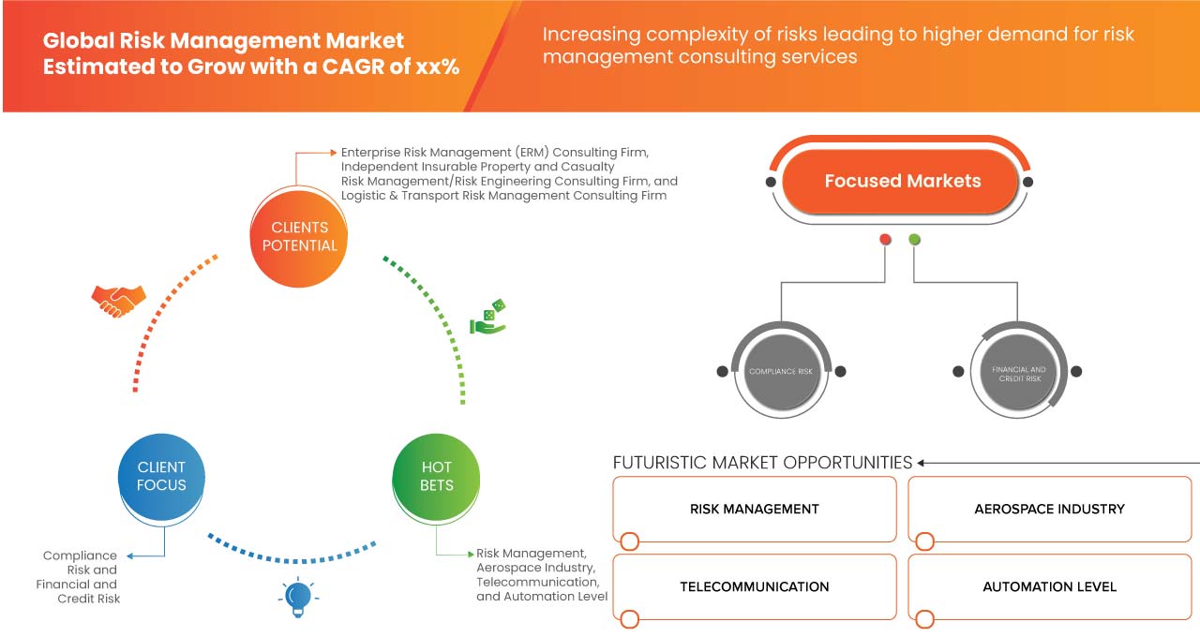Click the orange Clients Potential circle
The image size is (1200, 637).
tap(299, 236)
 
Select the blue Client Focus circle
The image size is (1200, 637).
tap(161, 476)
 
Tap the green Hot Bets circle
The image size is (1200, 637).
tap(436, 476)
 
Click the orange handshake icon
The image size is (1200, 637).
tap(118, 300)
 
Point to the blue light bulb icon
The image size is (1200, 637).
tap(298, 596)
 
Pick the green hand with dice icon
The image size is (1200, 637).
tap(488, 318)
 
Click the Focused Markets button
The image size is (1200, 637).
tap(902, 182)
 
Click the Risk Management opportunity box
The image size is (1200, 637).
tap(755, 510)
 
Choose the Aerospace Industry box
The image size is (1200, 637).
tap(1049, 510)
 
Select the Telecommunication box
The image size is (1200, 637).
tap(755, 587)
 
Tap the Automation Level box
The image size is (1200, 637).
tap(1049, 587)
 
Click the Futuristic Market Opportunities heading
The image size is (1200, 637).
tap(762, 463)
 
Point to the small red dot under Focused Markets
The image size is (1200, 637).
tap(885, 240)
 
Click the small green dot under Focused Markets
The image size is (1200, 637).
tap(914, 240)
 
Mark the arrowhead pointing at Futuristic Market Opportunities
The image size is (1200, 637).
tap(922, 463)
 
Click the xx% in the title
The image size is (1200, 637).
tap(438, 67)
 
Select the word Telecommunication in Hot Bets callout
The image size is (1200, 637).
tap(537, 582)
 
